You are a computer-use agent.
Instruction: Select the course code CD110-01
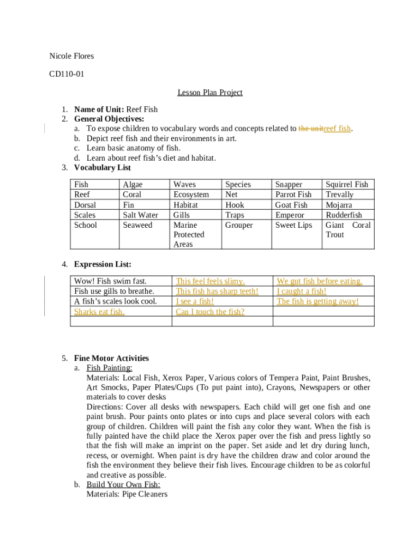click(67, 74)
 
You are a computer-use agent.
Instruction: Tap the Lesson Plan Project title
click(210, 93)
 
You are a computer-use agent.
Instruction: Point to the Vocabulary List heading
click(103, 168)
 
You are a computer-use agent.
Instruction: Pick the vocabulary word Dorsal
click(85, 205)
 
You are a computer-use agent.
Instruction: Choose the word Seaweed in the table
click(138, 225)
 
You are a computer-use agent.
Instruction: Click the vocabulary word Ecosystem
click(191, 195)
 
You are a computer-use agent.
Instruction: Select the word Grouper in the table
click(239, 225)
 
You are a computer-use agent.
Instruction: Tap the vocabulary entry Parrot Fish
click(293, 195)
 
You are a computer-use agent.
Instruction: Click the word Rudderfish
click(344, 215)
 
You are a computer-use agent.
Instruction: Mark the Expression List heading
click(103, 264)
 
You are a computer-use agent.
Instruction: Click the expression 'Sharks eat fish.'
click(100, 312)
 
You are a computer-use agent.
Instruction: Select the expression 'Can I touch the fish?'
click(210, 312)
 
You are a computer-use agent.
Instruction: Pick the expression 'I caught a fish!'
click(302, 292)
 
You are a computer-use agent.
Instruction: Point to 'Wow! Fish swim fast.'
click(111, 281)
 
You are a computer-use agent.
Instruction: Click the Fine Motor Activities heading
click(111, 359)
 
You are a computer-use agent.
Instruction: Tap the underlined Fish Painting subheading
click(109, 368)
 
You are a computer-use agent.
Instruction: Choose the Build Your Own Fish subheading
click(123, 484)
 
